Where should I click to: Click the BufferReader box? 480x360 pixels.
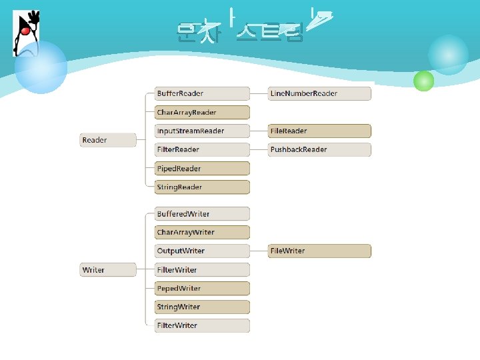pyautogui.click(x=202, y=93)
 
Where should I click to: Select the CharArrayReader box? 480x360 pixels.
pyautogui.click(x=202, y=112)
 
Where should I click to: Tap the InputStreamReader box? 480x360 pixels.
pyautogui.click(x=202, y=131)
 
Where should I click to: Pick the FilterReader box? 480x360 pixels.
pyautogui.click(x=202, y=149)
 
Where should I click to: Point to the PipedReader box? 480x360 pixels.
pyautogui.click(x=202, y=169)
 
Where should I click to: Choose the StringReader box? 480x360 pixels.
pyautogui.click(x=202, y=187)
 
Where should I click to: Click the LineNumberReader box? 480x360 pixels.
pyautogui.click(x=319, y=93)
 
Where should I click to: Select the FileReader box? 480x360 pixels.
pyautogui.click(x=319, y=131)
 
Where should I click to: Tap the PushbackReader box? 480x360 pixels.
pyautogui.click(x=319, y=149)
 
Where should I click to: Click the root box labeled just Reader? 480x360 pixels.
pyautogui.click(x=108, y=140)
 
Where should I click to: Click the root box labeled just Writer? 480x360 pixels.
pyautogui.click(x=108, y=270)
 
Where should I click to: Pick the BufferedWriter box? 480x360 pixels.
pyautogui.click(x=202, y=214)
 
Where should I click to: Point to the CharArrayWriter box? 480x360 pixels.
pyautogui.click(x=202, y=232)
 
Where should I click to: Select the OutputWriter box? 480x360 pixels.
pyautogui.click(x=202, y=251)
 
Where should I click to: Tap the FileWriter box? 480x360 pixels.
pyautogui.click(x=319, y=251)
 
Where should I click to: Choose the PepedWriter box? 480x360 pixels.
pyautogui.click(x=202, y=289)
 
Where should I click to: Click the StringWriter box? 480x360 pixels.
pyautogui.click(x=202, y=307)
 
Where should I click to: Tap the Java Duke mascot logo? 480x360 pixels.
pyautogui.click(x=27, y=32)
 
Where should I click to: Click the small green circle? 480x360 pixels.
pyautogui.click(x=423, y=81)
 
